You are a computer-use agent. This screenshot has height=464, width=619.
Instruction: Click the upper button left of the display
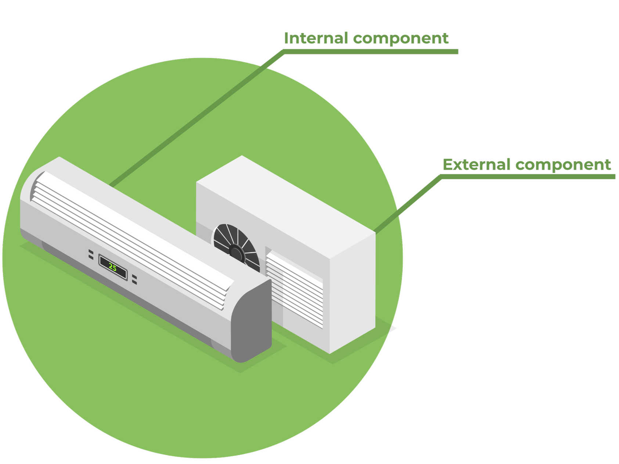pos(91,252)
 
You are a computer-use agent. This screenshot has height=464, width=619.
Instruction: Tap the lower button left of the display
pos(91,257)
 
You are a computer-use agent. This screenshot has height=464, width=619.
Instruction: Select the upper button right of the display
pos(134,277)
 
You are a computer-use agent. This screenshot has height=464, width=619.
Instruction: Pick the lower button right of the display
pos(134,282)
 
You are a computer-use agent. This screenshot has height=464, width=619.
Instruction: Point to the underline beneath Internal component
pos(371,52)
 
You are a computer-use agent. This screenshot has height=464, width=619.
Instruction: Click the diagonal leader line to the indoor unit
pos(198,117)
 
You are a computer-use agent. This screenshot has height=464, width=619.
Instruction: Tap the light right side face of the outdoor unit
pos(352,294)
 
